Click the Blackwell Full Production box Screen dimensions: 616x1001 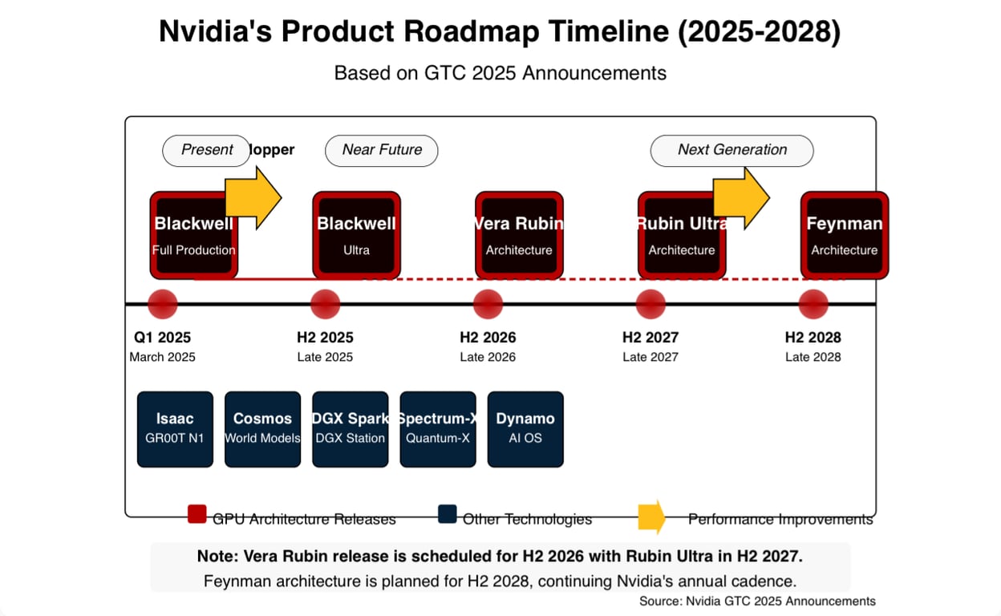(193, 235)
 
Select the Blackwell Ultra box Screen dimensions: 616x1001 (356, 235)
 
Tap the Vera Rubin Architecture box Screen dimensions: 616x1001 (519, 235)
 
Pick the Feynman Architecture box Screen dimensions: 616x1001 (845, 235)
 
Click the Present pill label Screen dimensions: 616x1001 (206, 151)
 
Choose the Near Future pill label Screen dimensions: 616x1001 (381, 151)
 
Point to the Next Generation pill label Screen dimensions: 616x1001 (731, 151)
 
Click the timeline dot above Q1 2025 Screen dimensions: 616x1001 (162, 305)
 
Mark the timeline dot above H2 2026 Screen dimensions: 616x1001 (488, 305)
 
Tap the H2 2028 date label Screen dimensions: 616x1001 (813, 338)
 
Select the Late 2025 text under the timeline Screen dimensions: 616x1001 (325, 357)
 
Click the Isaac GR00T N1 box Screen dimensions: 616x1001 (175, 429)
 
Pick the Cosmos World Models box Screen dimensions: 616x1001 (262, 429)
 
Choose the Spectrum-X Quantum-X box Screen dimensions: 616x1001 (438, 429)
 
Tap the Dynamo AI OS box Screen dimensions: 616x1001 (525, 429)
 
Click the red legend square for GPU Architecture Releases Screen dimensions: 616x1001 (197, 514)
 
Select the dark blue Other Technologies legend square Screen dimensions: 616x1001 (448, 514)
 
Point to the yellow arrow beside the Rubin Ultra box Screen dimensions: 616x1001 (740, 198)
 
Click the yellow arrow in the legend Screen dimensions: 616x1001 (651, 517)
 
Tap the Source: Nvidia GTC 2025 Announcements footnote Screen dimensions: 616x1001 (757, 601)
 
